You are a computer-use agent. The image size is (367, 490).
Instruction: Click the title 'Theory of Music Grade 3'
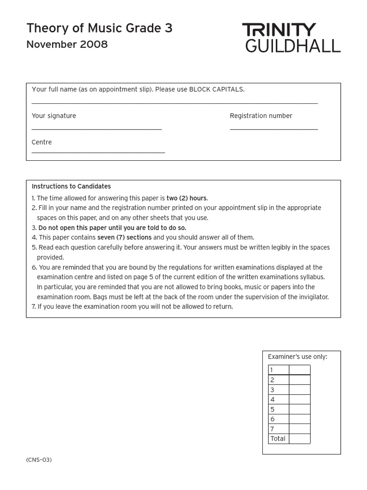tap(99, 29)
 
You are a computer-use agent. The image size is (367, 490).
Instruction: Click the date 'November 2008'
tap(67, 45)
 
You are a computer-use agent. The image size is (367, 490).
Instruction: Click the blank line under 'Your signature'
tap(97, 129)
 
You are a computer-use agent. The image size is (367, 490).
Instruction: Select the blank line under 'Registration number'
tap(273, 129)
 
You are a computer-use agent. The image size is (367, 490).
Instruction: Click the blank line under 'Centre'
tap(98, 152)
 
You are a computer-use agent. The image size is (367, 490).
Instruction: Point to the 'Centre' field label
tap(42, 142)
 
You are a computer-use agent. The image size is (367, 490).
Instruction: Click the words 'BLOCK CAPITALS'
tap(216, 89)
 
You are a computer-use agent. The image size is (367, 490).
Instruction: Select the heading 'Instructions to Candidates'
tap(71, 187)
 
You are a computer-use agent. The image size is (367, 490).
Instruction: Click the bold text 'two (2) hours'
tap(187, 198)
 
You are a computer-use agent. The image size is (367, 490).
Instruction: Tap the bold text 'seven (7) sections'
tap(124, 237)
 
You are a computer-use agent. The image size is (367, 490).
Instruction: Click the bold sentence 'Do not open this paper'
tap(112, 228)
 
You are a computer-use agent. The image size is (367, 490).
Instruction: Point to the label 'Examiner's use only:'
tap(297, 357)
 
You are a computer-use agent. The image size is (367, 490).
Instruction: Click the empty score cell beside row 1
tap(300, 370)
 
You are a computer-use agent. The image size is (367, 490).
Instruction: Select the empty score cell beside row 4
tap(300, 400)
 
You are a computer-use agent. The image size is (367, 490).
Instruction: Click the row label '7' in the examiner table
tap(272, 429)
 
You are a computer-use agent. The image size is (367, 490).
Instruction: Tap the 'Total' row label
tap(278, 439)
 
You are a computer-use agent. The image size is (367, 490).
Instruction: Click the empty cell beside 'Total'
tap(300, 439)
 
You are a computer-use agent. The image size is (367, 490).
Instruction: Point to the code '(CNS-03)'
tap(39, 460)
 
